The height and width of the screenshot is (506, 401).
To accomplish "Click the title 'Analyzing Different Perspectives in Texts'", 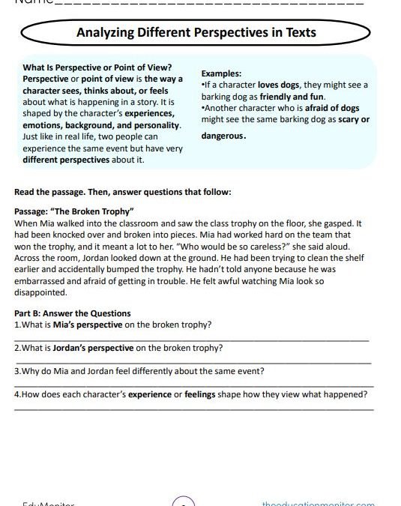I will pos(196,32).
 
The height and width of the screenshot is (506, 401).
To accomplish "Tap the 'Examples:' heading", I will pos(221,74).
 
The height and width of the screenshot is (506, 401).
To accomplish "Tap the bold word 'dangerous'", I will pos(222,136).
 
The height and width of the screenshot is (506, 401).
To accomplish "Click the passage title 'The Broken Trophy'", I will pos(96,212).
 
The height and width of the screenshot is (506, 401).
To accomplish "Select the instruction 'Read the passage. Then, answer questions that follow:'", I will pos(122,192).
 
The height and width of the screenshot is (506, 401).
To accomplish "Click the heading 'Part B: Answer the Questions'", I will pos(72,313).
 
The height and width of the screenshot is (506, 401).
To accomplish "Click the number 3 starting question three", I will pos(16,371).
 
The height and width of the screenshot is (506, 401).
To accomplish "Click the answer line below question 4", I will pos(193,409).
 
